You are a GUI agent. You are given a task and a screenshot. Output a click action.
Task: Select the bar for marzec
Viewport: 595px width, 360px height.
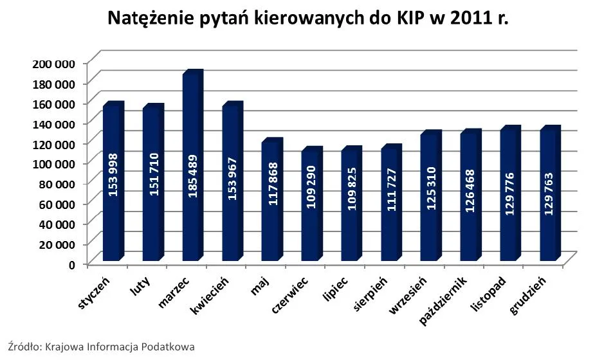click(191, 167)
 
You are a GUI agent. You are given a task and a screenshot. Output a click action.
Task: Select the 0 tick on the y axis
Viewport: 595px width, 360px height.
click(73, 264)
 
